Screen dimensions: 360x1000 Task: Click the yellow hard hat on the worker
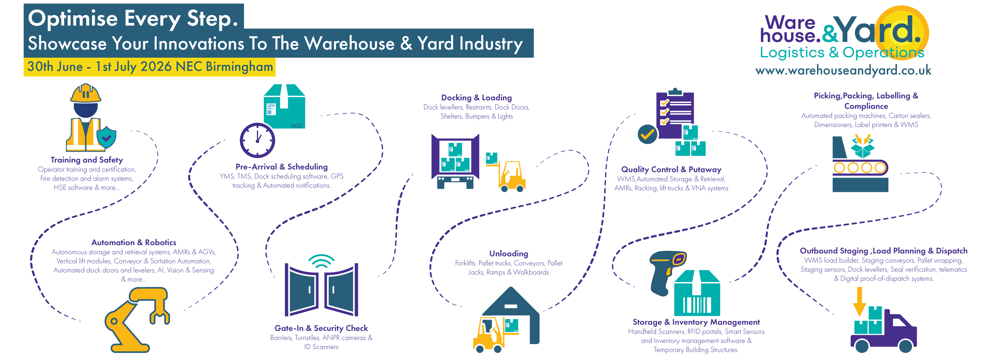click(85, 93)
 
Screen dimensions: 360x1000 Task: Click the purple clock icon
click(257, 140)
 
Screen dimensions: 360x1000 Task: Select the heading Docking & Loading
click(476, 97)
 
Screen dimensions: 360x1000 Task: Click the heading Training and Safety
click(87, 160)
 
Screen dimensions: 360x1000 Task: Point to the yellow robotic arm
click(136, 318)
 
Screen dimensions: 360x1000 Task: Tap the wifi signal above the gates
click(321, 261)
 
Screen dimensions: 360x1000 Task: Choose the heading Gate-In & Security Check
click(321, 328)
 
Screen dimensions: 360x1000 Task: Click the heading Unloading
click(509, 254)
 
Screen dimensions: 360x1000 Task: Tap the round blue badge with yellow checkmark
click(647, 134)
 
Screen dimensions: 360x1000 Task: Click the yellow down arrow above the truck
click(859, 301)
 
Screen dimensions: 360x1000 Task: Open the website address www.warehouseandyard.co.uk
click(843, 70)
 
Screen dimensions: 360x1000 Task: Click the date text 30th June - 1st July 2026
click(99, 67)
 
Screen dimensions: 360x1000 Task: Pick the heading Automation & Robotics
click(134, 242)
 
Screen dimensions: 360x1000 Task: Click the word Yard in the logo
click(877, 30)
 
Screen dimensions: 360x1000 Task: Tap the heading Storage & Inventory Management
click(696, 322)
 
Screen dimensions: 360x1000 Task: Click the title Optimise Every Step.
click(133, 18)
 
